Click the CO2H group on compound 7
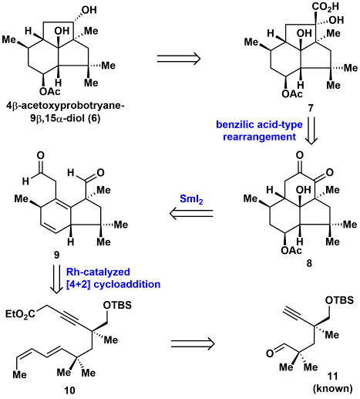[x=325, y=7]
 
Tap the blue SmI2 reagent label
[x=191, y=199]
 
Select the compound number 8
[x=310, y=263]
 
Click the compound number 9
[x=56, y=255]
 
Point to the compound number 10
[x=69, y=391]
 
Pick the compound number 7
[x=311, y=108]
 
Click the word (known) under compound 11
[x=332, y=388]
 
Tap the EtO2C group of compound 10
[x=20, y=314]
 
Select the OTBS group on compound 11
[x=339, y=300]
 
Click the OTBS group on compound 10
[x=117, y=305]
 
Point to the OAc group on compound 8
[x=291, y=250]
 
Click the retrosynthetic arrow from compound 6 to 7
[x=179, y=59]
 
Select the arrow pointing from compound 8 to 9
[x=191, y=214]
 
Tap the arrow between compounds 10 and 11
[x=193, y=343]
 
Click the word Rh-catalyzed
[x=98, y=272]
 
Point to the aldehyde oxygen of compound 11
[x=270, y=353]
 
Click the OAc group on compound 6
[x=49, y=91]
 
